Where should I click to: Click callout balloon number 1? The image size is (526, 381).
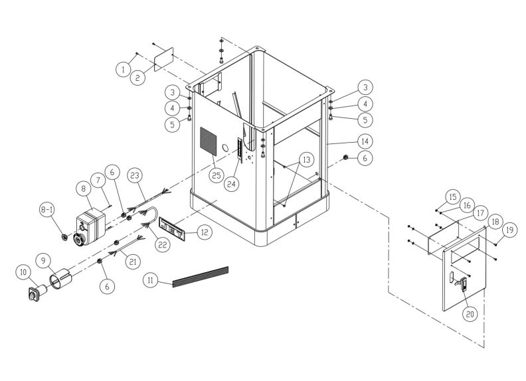click(x=123, y=68)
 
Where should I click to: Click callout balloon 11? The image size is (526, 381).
click(x=153, y=281)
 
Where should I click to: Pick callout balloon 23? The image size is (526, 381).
click(x=135, y=176)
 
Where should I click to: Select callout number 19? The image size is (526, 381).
click(x=509, y=230)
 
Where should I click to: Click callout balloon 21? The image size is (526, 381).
click(x=133, y=262)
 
